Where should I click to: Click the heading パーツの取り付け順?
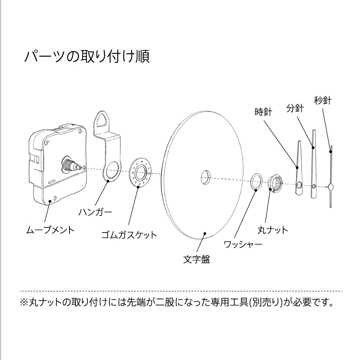pos(86,56)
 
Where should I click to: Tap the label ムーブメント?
pos(50,229)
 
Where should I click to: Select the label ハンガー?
pos(95,212)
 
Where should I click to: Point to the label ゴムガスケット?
pos(129,235)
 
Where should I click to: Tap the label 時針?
pos(263,112)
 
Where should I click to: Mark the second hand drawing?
pos(331,178)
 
